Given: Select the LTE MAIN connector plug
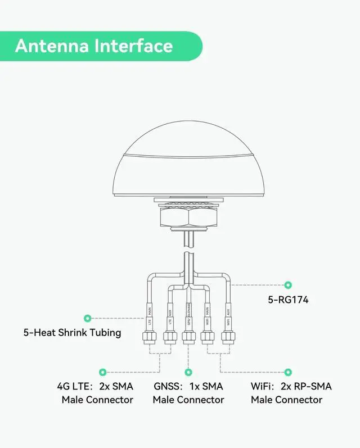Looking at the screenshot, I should (150, 338).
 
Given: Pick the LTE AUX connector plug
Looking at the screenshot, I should (169, 338).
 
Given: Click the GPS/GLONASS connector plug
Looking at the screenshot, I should (188, 338).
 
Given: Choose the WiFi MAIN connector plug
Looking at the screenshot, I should (208, 338).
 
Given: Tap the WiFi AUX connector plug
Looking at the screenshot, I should (227, 338).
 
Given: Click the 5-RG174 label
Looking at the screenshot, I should (288, 301).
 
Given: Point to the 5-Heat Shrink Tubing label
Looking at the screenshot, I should (72, 332).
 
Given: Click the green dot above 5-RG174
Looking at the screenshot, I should (289, 285).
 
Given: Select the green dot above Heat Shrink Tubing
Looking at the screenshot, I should (87, 318).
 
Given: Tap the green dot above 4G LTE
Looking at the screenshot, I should (102, 372).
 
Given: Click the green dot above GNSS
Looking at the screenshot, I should (188, 372).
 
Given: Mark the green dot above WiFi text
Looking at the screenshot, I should (289, 372).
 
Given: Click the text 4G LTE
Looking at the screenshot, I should (74, 387).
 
